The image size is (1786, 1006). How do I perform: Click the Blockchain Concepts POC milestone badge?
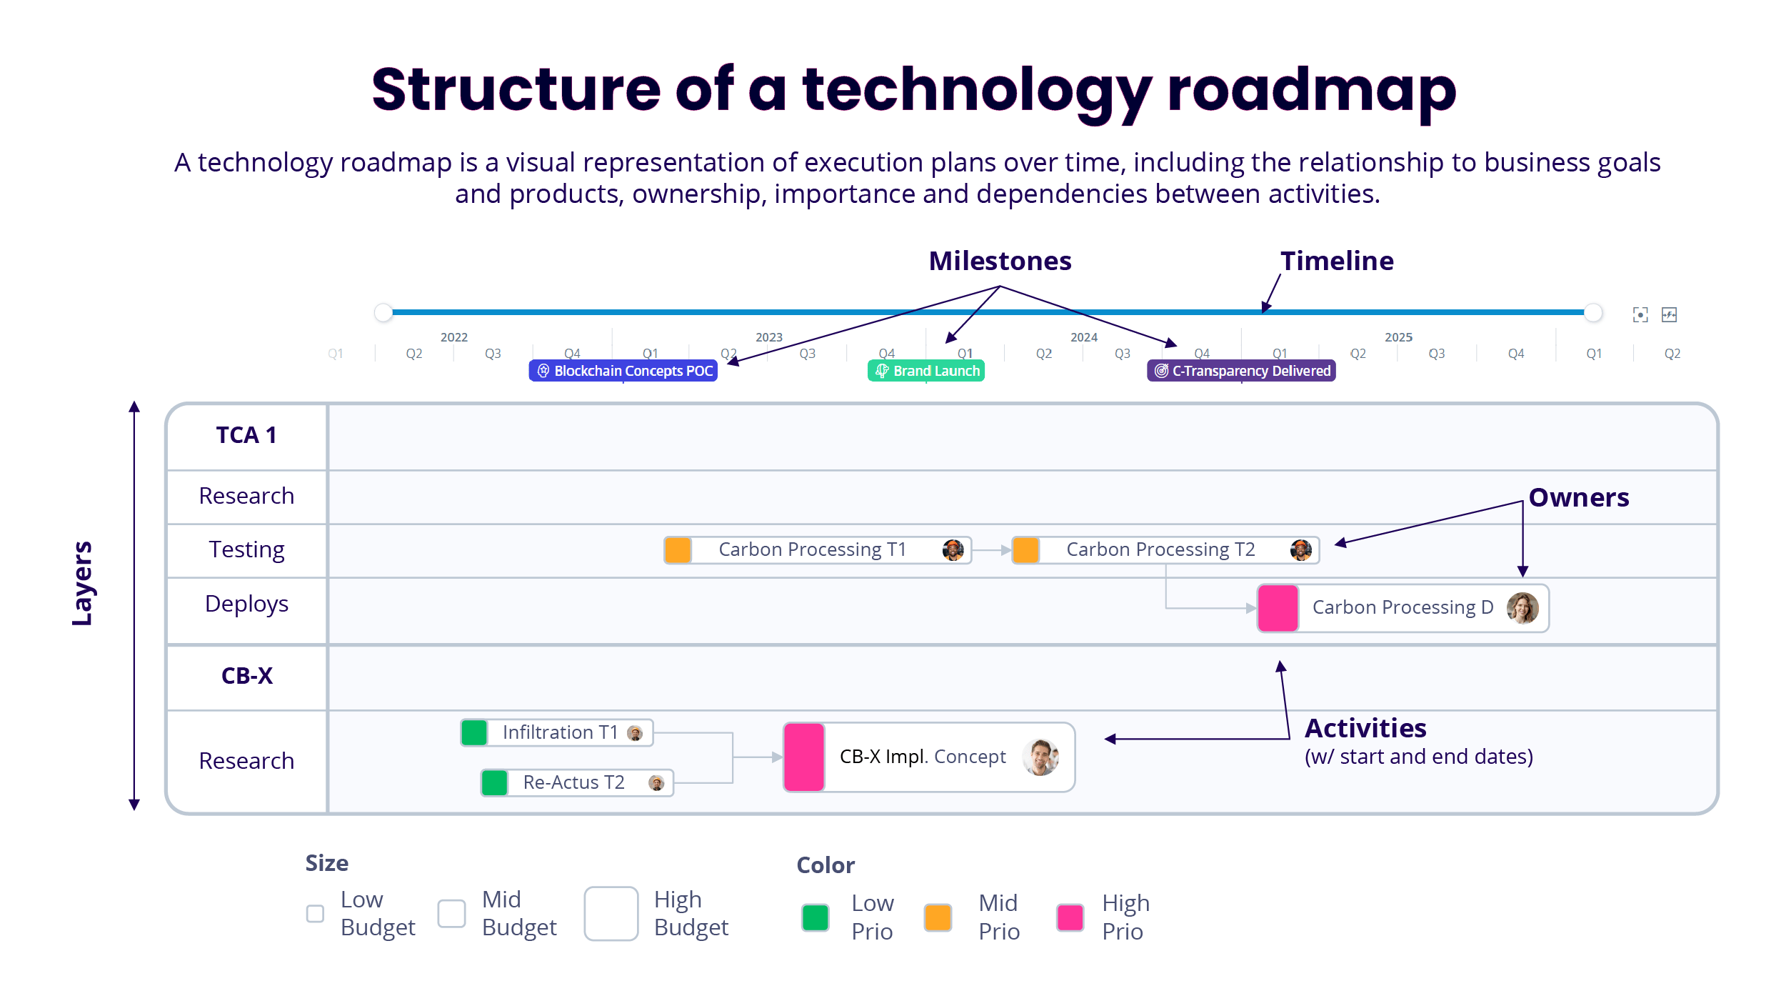(623, 371)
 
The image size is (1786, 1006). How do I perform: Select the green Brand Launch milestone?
(926, 371)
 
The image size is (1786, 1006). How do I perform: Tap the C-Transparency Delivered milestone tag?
(1241, 371)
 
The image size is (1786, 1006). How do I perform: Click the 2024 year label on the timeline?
(1083, 337)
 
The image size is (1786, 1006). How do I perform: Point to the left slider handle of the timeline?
(383, 312)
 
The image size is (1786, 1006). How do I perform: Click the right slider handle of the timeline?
(1592, 312)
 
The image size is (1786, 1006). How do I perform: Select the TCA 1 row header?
(246, 435)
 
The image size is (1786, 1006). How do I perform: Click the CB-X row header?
(246, 676)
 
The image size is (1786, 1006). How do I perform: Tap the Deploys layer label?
(246, 604)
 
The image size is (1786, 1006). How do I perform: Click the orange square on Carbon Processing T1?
(678, 550)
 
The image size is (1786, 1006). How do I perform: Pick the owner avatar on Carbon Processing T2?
(1300, 550)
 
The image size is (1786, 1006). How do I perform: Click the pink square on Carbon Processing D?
(1278, 608)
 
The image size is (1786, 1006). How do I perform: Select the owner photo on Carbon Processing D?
(1522, 608)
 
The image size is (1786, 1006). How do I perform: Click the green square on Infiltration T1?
(474, 732)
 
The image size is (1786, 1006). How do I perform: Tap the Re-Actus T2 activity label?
(573, 782)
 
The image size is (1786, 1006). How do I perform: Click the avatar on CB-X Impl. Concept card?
(1040, 757)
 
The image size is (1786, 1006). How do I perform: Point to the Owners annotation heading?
(1578, 497)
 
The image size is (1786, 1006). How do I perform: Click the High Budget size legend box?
(611, 913)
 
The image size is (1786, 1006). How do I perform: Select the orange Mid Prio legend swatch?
(938, 917)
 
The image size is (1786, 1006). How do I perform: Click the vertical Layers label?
(83, 583)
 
